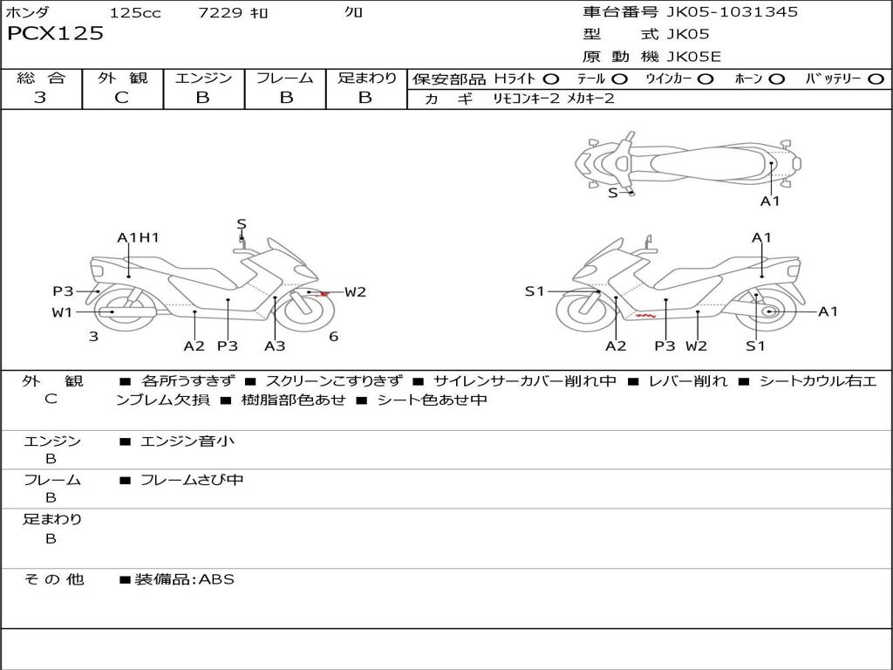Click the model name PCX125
[x=56, y=34]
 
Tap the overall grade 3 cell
[x=40, y=98]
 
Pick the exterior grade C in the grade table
[x=122, y=98]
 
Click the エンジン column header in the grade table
[x=203, y=79]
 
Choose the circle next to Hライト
[x=551, y=79]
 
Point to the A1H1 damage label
[x=138, y=237]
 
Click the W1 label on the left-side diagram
[x=62, y=312]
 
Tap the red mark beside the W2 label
[x=324, y=293]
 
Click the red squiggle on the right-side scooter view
[x=646, y=314]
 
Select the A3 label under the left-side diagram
[x=275, y=345]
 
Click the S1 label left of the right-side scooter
[x=535, y=291]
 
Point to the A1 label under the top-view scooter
[x=770, y=201]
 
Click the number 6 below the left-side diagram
[x=333, y=337]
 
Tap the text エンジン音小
[x=187, y=441]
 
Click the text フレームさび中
[x=192, y=480]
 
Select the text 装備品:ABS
[x=184, y=579]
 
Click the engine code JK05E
[x=694, y=58]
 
